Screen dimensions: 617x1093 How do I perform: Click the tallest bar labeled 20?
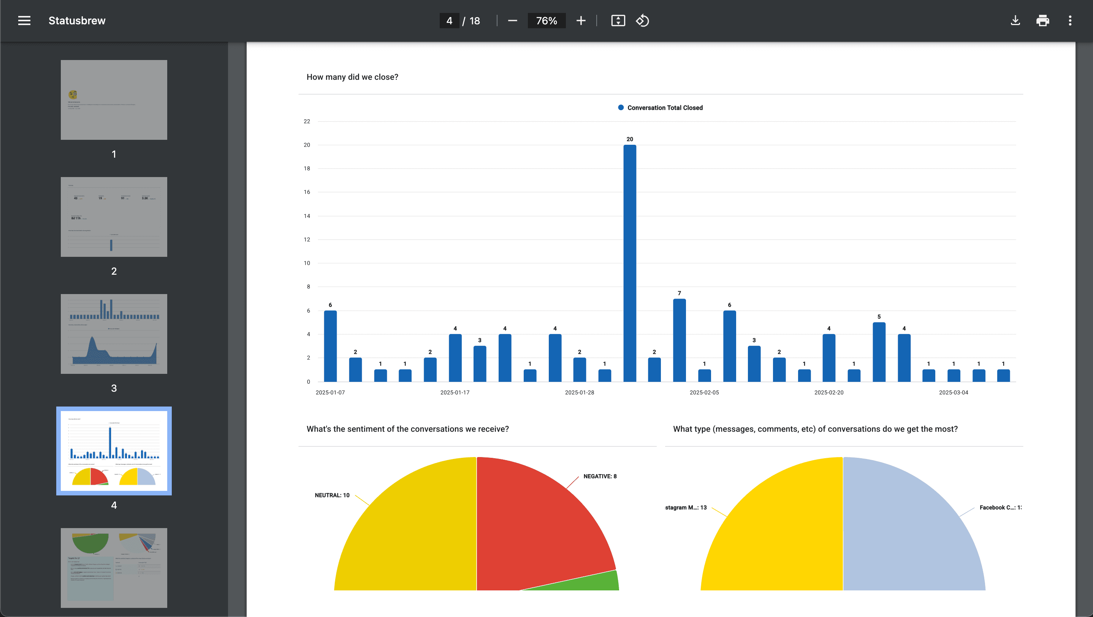point(630,263)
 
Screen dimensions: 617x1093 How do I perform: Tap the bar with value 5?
point(879,352)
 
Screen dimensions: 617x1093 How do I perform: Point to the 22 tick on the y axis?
point(307,121)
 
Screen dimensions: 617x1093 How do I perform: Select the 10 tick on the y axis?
point(307,263)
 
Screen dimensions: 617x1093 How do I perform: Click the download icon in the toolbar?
point(1015,21)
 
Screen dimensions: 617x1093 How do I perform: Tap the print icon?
point(1042,21)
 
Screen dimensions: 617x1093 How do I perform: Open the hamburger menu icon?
point(24,21)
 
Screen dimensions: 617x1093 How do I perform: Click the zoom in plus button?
point(581,21)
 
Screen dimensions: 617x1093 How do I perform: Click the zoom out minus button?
point(513,21)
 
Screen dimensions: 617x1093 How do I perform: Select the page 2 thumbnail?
point(114,217)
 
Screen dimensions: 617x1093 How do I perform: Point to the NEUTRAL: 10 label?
point(332,495)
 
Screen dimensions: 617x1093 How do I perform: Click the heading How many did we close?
point(352,77)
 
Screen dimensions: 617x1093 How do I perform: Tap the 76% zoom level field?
point(546,21)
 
